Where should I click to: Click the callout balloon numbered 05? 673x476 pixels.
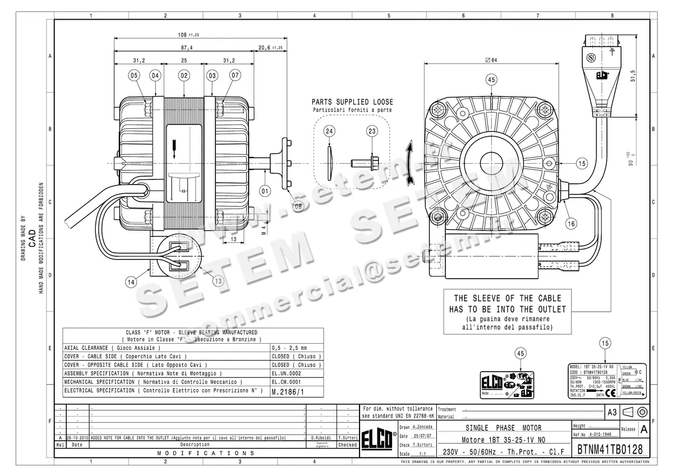point(133,75)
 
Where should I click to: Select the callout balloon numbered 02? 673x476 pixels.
point(183,75)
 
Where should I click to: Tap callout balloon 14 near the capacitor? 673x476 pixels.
point(131,282)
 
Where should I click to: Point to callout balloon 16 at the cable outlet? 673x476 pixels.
point(570,223)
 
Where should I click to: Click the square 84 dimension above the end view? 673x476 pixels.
point(491,60)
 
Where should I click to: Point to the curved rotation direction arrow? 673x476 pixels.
point(411,162)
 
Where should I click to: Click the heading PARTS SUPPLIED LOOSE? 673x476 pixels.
point(352,102)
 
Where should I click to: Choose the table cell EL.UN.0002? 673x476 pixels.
point(286,373)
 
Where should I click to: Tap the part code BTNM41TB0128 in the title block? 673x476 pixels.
point(610,449)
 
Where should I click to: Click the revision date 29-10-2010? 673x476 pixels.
point(77,437)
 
